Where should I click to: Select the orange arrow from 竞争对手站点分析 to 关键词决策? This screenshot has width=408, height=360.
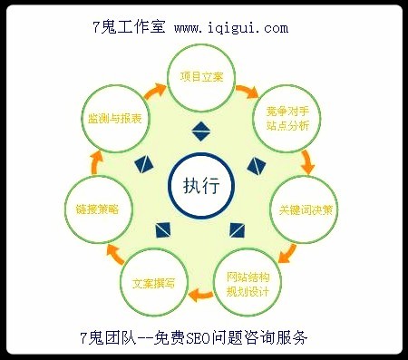pyautogui.click(x=308, y=162)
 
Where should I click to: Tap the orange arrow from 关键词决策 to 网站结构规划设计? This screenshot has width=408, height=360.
pyautogui.click(x=288, y=250)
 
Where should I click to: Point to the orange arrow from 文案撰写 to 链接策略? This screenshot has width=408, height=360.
pyautogui.click(x=112, y=253)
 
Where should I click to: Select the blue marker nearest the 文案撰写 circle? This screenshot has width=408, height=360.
pyautogui.click(x=164, y=227)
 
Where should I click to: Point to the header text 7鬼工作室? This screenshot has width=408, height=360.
pyautogui.click(x=128, y=28)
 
